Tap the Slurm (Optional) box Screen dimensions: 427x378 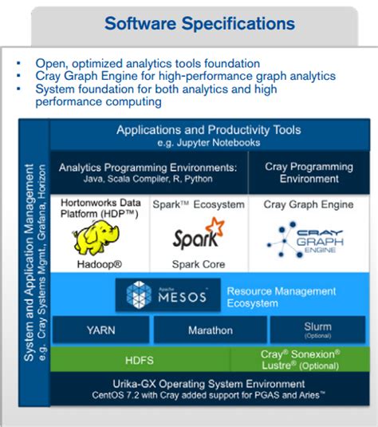318,330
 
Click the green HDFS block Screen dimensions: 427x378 140,359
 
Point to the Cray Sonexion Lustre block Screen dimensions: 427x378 300,358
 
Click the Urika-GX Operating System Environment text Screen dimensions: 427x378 209,384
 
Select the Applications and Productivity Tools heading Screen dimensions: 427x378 209,129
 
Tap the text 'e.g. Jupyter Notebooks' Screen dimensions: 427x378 209,142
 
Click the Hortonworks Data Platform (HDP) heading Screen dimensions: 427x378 100,210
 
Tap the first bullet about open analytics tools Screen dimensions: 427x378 148,63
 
